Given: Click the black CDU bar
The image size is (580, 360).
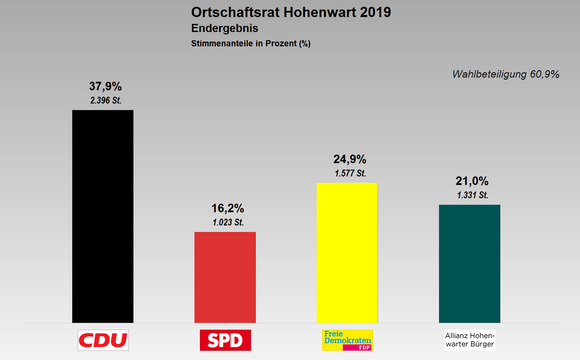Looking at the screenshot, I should (103, 216).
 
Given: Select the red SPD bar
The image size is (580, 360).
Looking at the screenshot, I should (225, 277).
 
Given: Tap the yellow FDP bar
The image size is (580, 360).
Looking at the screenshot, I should (347, 253).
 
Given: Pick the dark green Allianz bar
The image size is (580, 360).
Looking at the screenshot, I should (469, 263).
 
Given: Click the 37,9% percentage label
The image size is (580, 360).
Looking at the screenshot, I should (105, 87).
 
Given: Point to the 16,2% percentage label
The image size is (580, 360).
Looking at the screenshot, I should (227, 209).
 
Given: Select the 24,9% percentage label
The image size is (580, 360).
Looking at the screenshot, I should (349, 160).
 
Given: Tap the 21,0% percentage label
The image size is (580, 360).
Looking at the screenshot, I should (472, 181).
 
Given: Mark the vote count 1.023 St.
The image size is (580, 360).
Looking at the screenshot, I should (228, 223).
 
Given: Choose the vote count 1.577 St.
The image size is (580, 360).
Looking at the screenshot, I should (350, 173).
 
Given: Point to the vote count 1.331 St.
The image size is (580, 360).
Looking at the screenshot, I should (472, 195).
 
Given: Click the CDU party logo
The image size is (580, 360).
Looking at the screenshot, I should (103, 340).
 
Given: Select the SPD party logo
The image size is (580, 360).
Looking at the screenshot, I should (225, 340).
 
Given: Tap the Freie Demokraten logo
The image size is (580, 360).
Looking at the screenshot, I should (347, 340).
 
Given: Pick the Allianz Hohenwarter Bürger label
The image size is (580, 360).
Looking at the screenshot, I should (469, 340).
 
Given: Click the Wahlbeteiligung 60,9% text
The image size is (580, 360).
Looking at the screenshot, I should (506, 74).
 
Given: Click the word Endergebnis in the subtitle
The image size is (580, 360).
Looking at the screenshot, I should (225, 28).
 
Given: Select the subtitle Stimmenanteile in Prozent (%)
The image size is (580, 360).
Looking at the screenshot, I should (251, 44).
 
